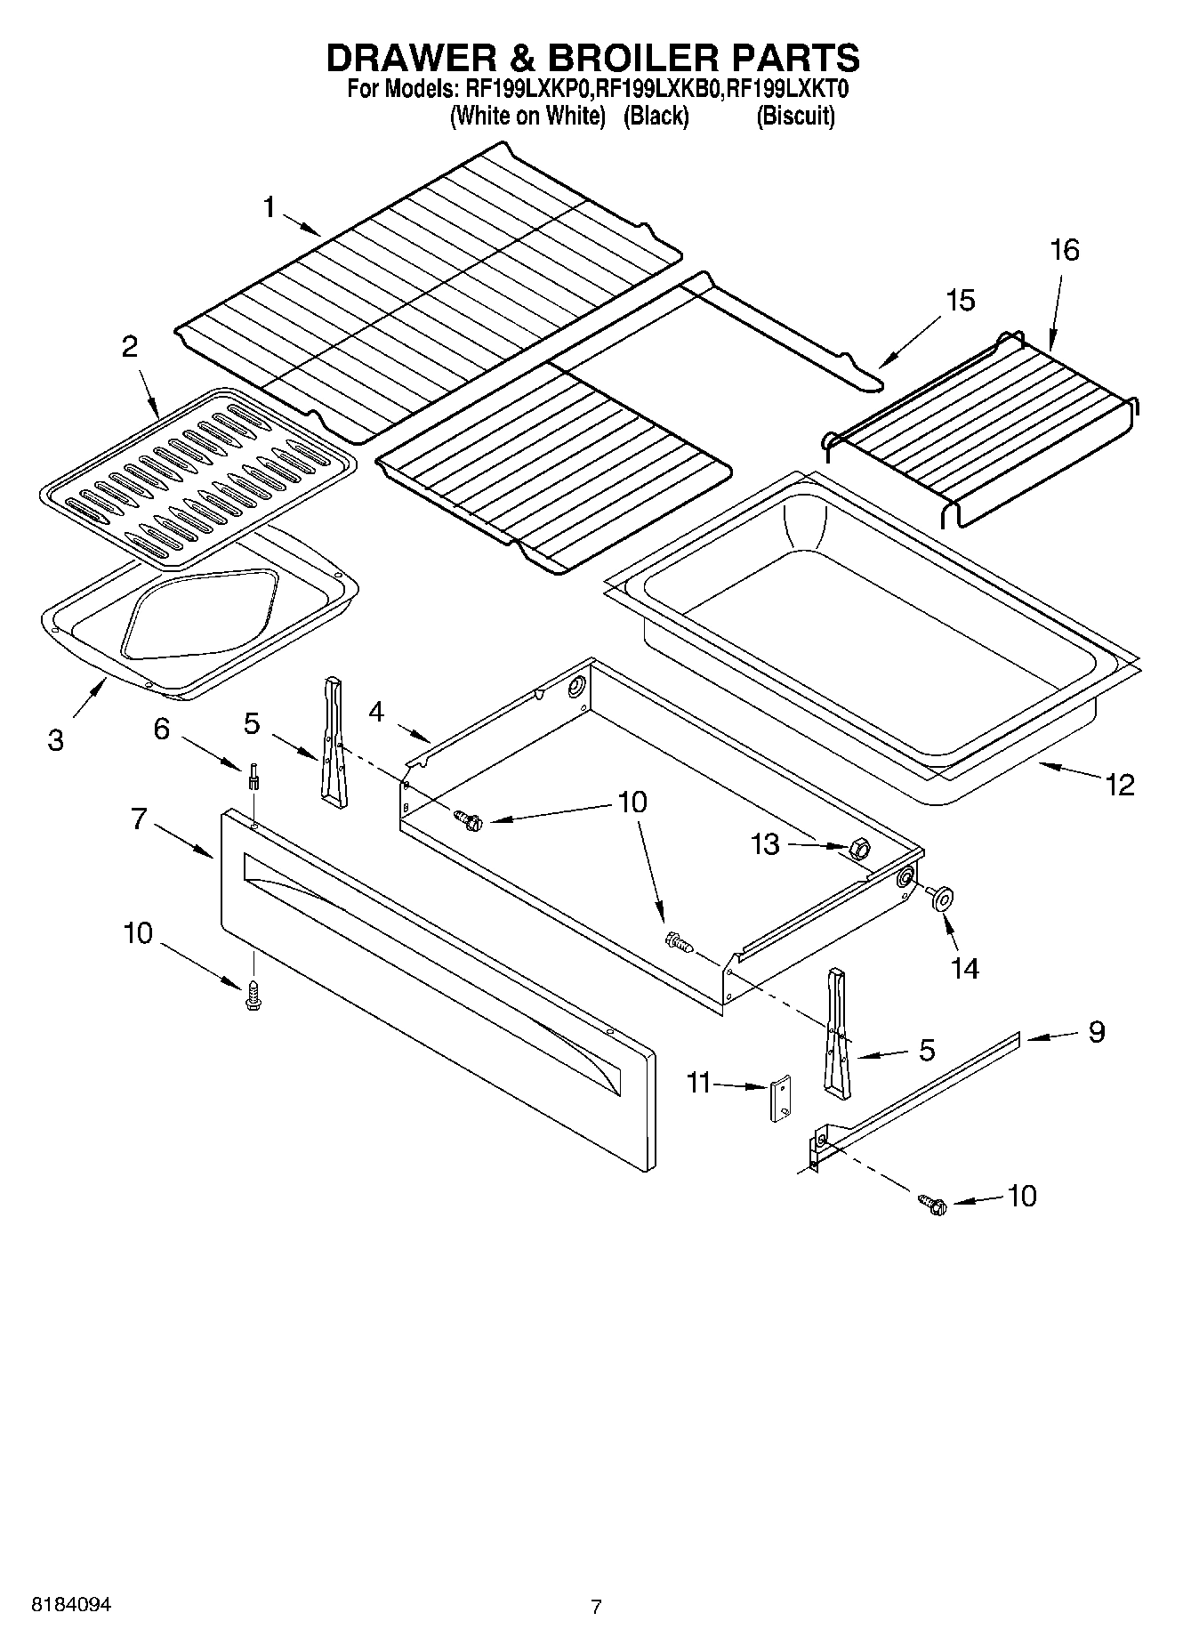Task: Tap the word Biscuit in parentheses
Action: pyautogui.click(x=795, y=117)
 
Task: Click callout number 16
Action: pyautogui.click(x=1064, y=250)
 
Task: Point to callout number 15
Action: pyautogui.click(x=960, y=300)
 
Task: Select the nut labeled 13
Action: pyautogui.click(x=859, y=848)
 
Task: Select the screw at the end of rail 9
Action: pyautogui.click(x=934, y=1205)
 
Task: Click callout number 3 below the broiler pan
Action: pyautogui.click(x=55, y=739)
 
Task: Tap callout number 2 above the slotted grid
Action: pyautogui.click(x=130, y=346)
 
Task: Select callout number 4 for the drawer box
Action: pyautogui.click(x=376, y=712)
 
